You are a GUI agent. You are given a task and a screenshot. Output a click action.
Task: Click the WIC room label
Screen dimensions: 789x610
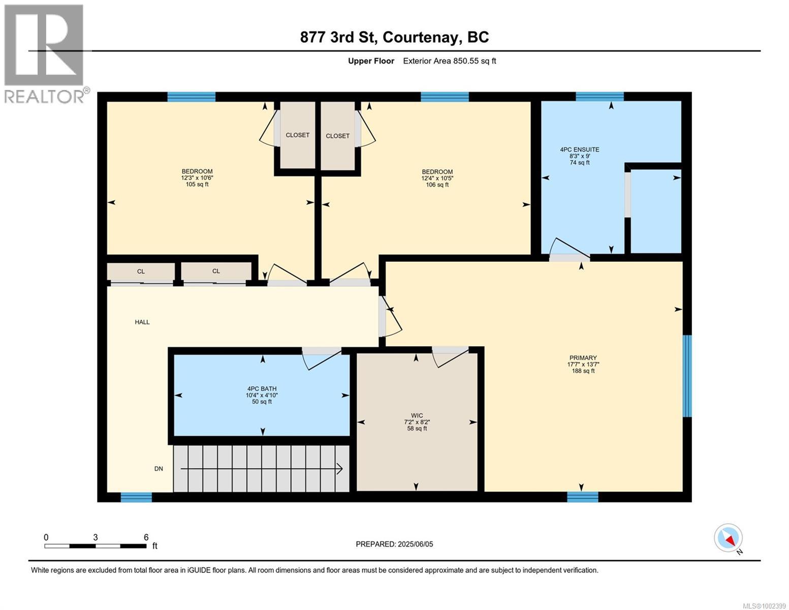click(417, 415)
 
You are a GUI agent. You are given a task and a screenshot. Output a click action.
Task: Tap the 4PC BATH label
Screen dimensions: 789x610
click(262, 388)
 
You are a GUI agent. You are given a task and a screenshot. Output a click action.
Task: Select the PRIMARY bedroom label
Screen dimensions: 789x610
click(583, 357)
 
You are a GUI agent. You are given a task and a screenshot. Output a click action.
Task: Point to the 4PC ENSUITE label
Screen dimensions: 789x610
click(580, 149)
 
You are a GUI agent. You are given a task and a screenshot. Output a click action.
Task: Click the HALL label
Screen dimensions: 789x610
click(142, 322)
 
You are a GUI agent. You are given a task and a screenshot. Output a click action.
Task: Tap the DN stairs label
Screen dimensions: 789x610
click(159, 469)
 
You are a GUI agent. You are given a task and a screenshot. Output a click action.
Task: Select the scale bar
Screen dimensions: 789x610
click(96, 545)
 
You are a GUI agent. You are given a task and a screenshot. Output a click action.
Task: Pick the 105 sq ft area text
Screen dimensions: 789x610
click(197, 184)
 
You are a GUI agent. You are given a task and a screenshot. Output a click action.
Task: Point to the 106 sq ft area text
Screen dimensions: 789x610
click(437, 185)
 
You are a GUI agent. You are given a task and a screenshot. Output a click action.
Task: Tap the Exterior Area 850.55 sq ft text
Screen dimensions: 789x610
click(449, 61)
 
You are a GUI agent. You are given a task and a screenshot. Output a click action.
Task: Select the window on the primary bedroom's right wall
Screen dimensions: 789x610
click(687, 376)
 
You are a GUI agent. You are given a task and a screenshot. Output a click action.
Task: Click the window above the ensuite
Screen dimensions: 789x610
click(599, 97)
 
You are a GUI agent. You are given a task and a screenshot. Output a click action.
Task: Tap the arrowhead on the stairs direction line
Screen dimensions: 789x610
click(340, 469)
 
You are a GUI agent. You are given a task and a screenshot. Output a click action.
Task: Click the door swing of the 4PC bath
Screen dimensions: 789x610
click(322, 359)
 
